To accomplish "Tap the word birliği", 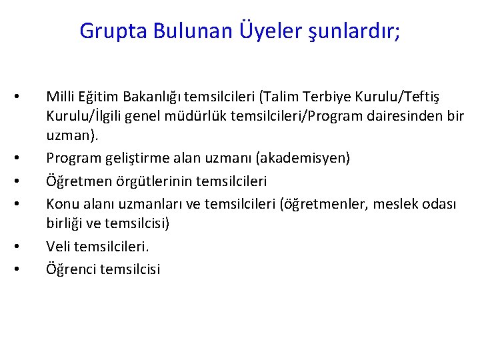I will pyautogui.click(x=64, y=223).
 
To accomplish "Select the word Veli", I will pyautogui.click(x=57, y=247).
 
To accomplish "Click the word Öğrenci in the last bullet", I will pyautogui.click(x=70, y=269).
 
